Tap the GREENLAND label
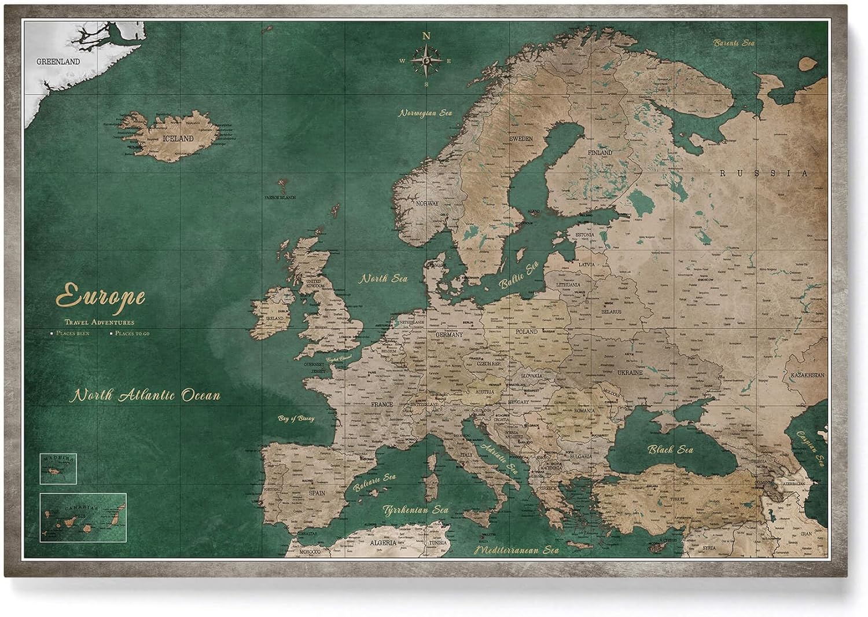pos(58,61)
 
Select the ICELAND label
pos(178,139)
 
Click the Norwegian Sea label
pos(425,113)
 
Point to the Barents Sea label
pos(734,43)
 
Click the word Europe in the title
pos(100,296)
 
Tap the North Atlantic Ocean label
pos(145,396)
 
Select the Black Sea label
pos(670,449)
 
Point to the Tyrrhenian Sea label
pos(415,510)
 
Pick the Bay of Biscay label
pos(296,418)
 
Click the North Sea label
pos(384,278)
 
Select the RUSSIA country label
pos(763,173)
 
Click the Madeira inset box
pos(58,468)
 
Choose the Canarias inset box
pos(83,517)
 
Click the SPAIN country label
pos(317,493)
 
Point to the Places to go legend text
pos(132,333)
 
